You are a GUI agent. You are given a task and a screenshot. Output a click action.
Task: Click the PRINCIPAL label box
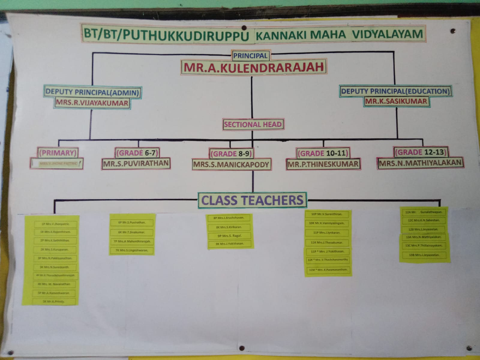pyautogui.click(x=250, y=55)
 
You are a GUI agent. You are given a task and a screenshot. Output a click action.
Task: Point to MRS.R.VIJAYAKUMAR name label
pyautogui.click(x=92, y=103)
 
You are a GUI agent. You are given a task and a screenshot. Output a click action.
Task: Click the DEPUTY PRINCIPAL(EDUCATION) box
pyautogui.click(x=395, y=91)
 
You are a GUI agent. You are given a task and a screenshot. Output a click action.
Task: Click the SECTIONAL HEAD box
pyautogui.click(x=253, y=124)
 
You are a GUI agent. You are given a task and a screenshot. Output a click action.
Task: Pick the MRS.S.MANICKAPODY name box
pyautogui.click(x=231, y=164)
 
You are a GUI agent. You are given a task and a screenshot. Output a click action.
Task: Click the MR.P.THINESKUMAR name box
pyautogui.click(x=323, y=164)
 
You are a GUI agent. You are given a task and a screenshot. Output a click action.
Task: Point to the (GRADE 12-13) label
pyautogui.click(x=421, y=152)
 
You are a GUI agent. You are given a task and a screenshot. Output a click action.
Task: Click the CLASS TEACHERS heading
pyautogui.click(x=252, y=200)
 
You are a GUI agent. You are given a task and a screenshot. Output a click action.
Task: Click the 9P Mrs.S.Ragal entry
pyautogui.click(x=230, y=236)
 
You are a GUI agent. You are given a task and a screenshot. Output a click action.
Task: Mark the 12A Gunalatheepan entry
pyautogui.click(x=425, y=212)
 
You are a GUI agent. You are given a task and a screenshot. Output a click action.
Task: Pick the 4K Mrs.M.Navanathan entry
pyautogui.click(x=54, y=284)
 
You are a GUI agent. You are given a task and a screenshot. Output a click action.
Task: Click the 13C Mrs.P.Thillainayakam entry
pyautogui.click(x=425, y=245)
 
